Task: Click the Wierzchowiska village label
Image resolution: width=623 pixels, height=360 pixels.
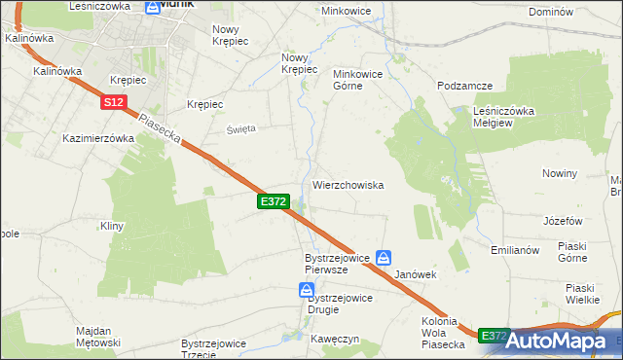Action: (348, 184)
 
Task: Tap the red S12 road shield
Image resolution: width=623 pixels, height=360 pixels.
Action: (113, 101)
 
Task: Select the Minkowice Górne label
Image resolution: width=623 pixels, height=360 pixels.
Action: (361, 79)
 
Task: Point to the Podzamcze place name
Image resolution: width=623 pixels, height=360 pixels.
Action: (464, 86)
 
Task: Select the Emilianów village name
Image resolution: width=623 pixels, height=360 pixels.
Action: (515, 250)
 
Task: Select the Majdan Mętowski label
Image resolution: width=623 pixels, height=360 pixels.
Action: (98, 337)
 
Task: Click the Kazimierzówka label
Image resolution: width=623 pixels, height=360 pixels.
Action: (97, 138)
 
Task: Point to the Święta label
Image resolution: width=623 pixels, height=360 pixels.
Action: (241, 128)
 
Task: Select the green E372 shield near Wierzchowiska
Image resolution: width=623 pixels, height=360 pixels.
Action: (273, 200)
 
